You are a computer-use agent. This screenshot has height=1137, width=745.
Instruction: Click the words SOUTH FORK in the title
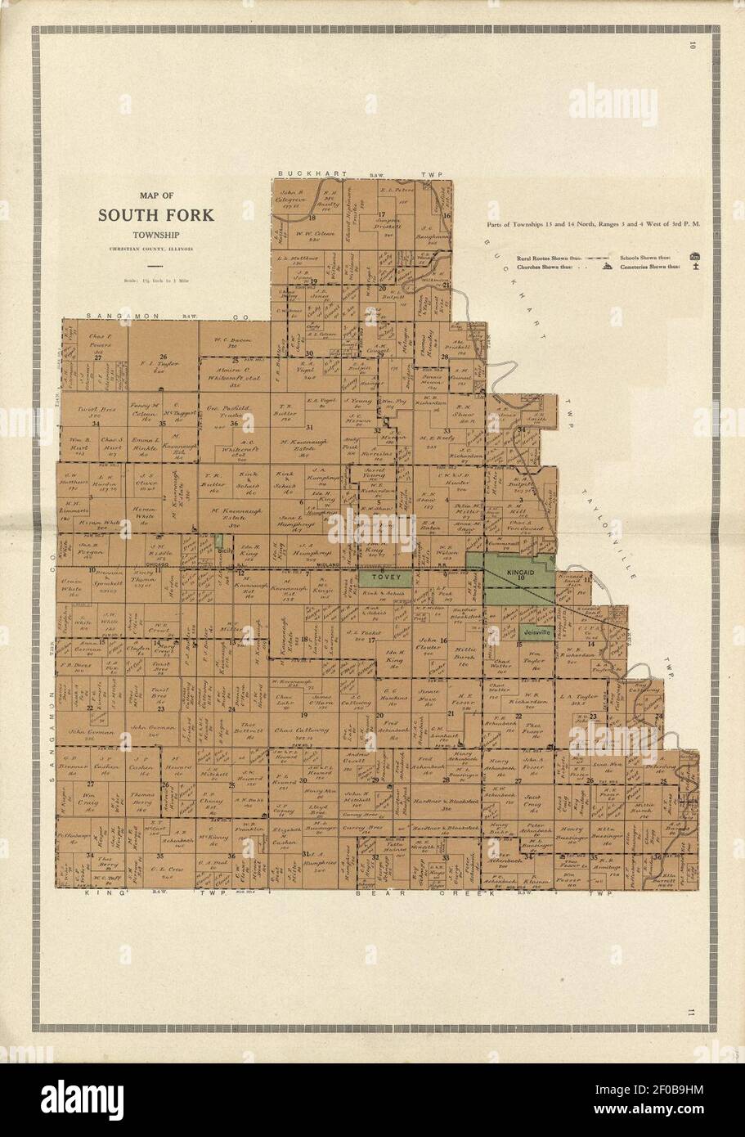coord(156,216)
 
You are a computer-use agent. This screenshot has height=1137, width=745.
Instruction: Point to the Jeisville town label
coord(534,633)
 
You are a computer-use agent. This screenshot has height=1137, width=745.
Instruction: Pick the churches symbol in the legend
coord(608,267)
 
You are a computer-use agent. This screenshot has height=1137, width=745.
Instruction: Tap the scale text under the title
coord(156,281)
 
